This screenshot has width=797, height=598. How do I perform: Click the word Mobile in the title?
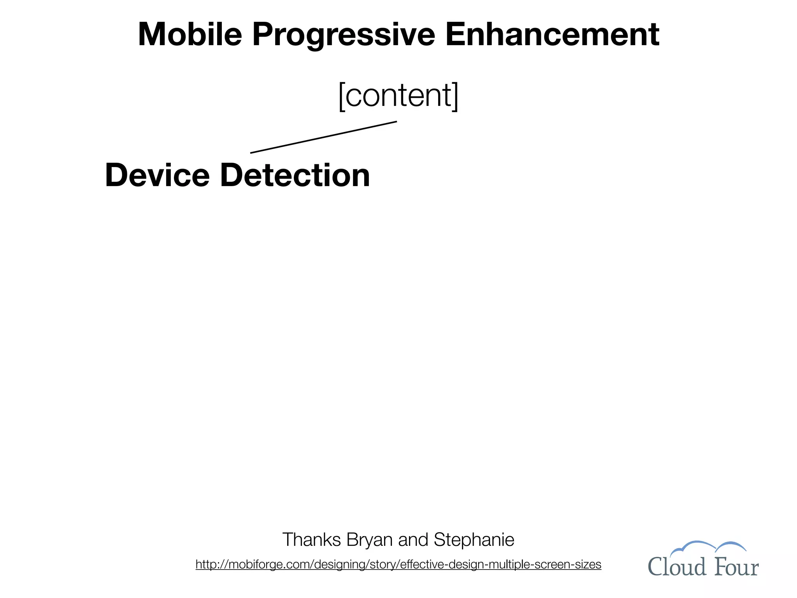point(190,34)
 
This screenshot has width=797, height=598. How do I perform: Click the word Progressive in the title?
point(343,35)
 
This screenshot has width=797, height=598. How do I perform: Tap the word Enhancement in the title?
point(552,34)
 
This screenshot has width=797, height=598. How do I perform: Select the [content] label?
point(398,95)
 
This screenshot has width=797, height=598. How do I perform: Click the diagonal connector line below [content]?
point(323,137)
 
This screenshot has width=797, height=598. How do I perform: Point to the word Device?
point(157,175)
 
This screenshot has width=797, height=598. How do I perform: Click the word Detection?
point(295,175)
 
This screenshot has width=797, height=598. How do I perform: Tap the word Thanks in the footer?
point(311,540)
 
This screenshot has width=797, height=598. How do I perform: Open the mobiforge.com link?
point(398,564)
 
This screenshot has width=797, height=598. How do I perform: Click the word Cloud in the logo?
point(676,566)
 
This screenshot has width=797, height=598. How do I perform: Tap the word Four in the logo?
point(736,567)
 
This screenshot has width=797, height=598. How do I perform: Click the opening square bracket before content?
point(342,96)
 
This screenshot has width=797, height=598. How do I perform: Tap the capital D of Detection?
point(232,175)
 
